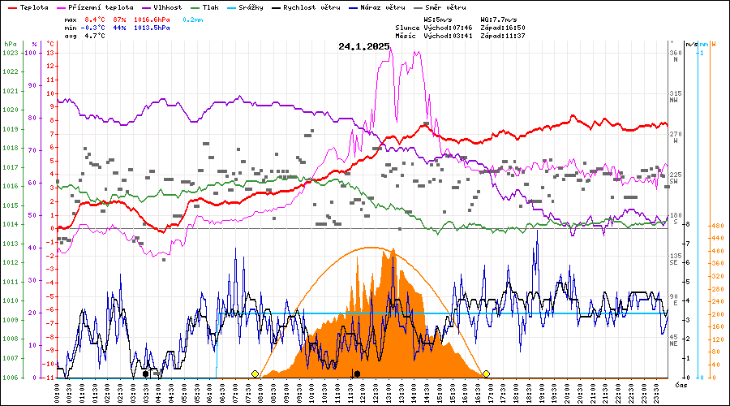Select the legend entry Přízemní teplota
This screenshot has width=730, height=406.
(x=100, y=6)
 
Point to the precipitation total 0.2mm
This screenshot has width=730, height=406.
(x=193, y=18)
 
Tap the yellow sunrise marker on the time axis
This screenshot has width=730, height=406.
(x=255, y=374)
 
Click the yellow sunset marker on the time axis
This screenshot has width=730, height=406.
(x=487, y=374)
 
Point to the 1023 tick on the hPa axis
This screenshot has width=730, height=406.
(x=11, y=53)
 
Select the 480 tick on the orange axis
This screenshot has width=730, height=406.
(x=717, y=226)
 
